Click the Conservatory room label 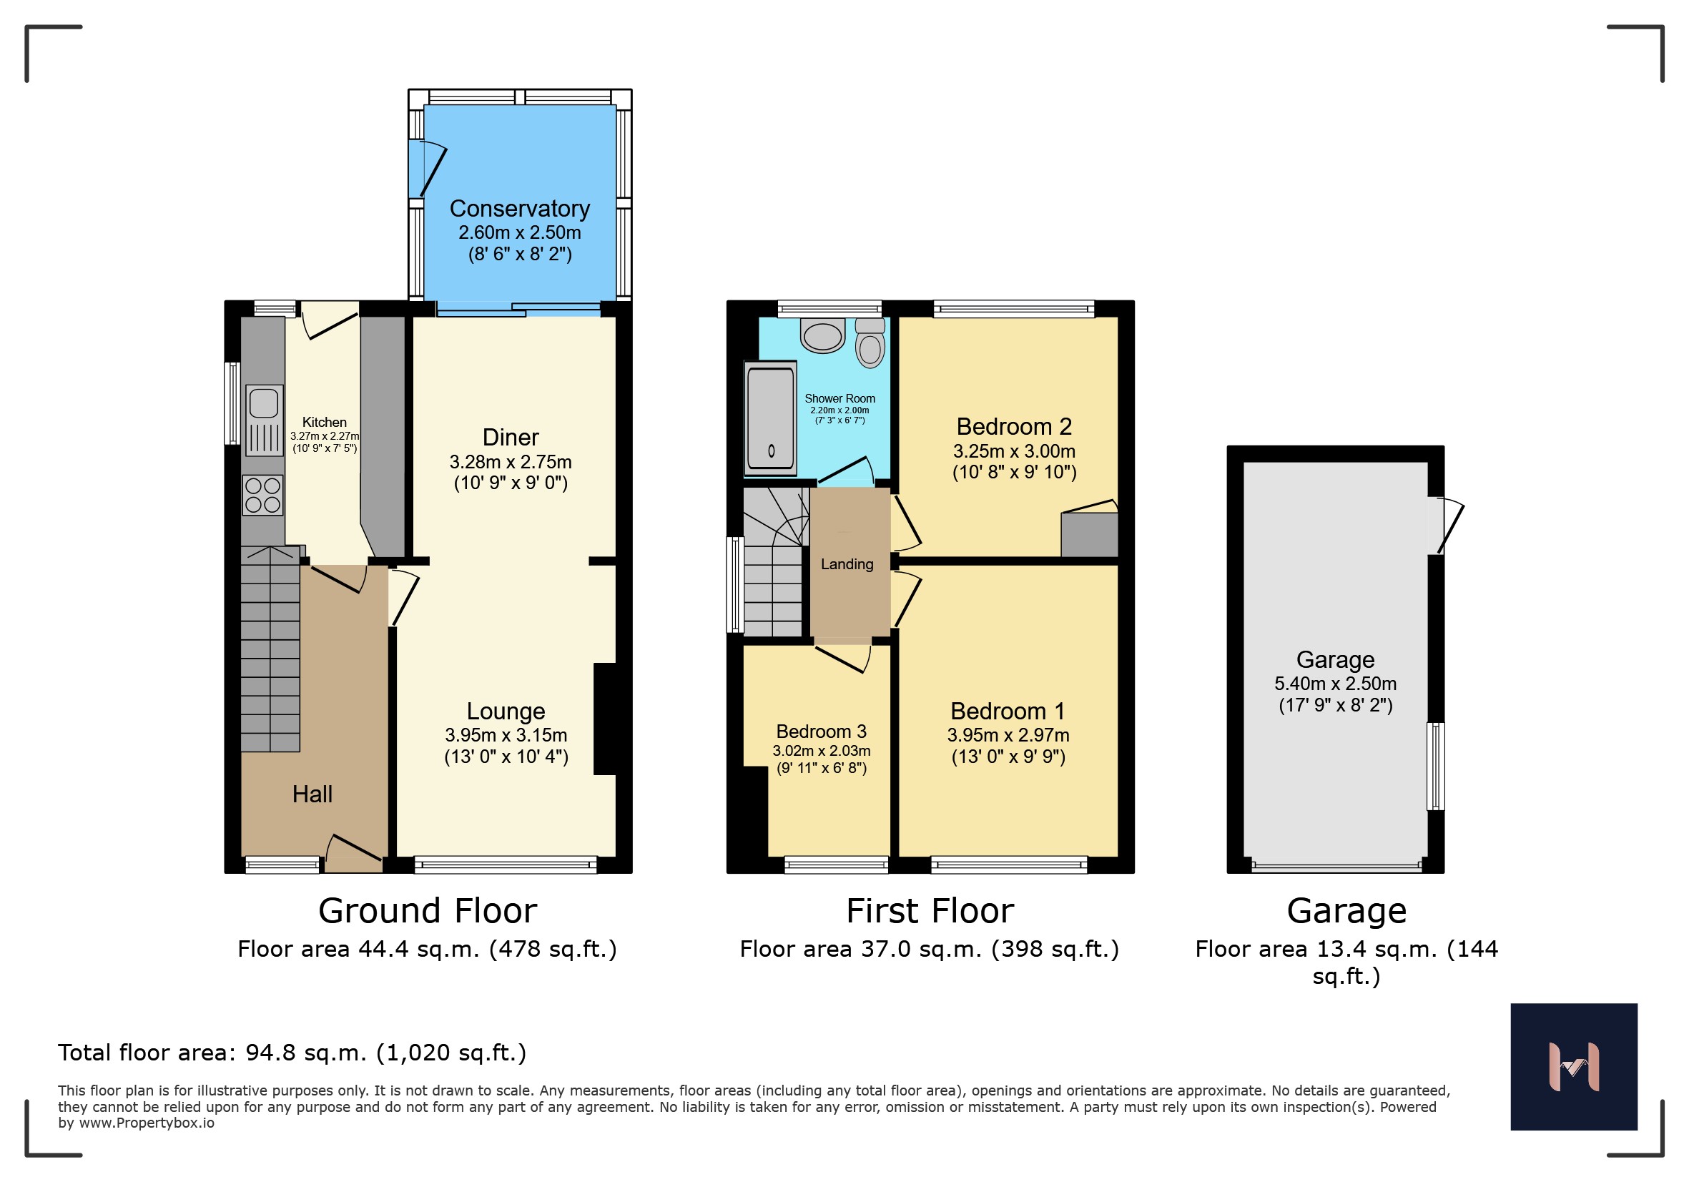[519, 209]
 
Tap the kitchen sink [264, 420]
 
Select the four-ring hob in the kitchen [262, 494]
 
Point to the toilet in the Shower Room [870, 343]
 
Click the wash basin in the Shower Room [823, 335]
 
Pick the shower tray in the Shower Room [770, 418]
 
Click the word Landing [847, 564]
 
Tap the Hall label [312, 794]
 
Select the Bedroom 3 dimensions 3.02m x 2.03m [821, 751]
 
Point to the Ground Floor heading [428, 910]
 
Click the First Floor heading [930, 910]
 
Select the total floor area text [292, 1053]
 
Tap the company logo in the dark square [1573, 1067]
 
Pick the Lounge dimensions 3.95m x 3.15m [506, 735]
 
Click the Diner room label [511, 438]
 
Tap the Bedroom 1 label [1007, 711]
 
